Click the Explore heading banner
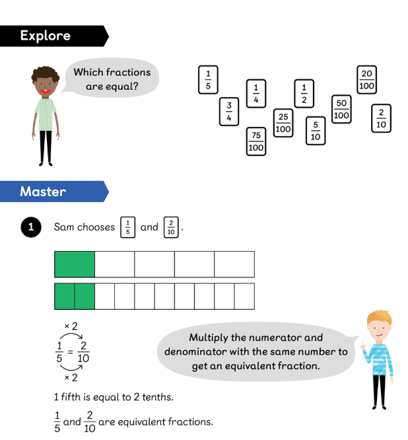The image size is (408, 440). (x=46, y=36)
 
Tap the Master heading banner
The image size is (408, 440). (x=44, y=192)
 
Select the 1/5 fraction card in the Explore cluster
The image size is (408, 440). (x=208, y=80)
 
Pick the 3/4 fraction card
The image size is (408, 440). (x=229, y=112)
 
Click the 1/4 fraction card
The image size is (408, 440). (x=256, y=93)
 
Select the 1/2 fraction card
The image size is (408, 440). (x=304, y=93)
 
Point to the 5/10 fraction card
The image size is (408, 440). (x=316, y=130)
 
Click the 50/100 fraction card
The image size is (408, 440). (x=341, y=109)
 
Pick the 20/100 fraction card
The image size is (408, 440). (x=367, y=80)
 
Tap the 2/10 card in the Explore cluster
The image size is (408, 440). (x=381, y=118)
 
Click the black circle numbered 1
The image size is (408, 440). (x=30, y=227)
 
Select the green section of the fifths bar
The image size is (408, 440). (x=75, y=264)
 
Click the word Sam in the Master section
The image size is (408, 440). (x=64, y=227)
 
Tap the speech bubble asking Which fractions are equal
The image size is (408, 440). (x=112, y=79)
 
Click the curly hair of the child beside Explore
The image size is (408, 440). (x=44, y=74)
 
